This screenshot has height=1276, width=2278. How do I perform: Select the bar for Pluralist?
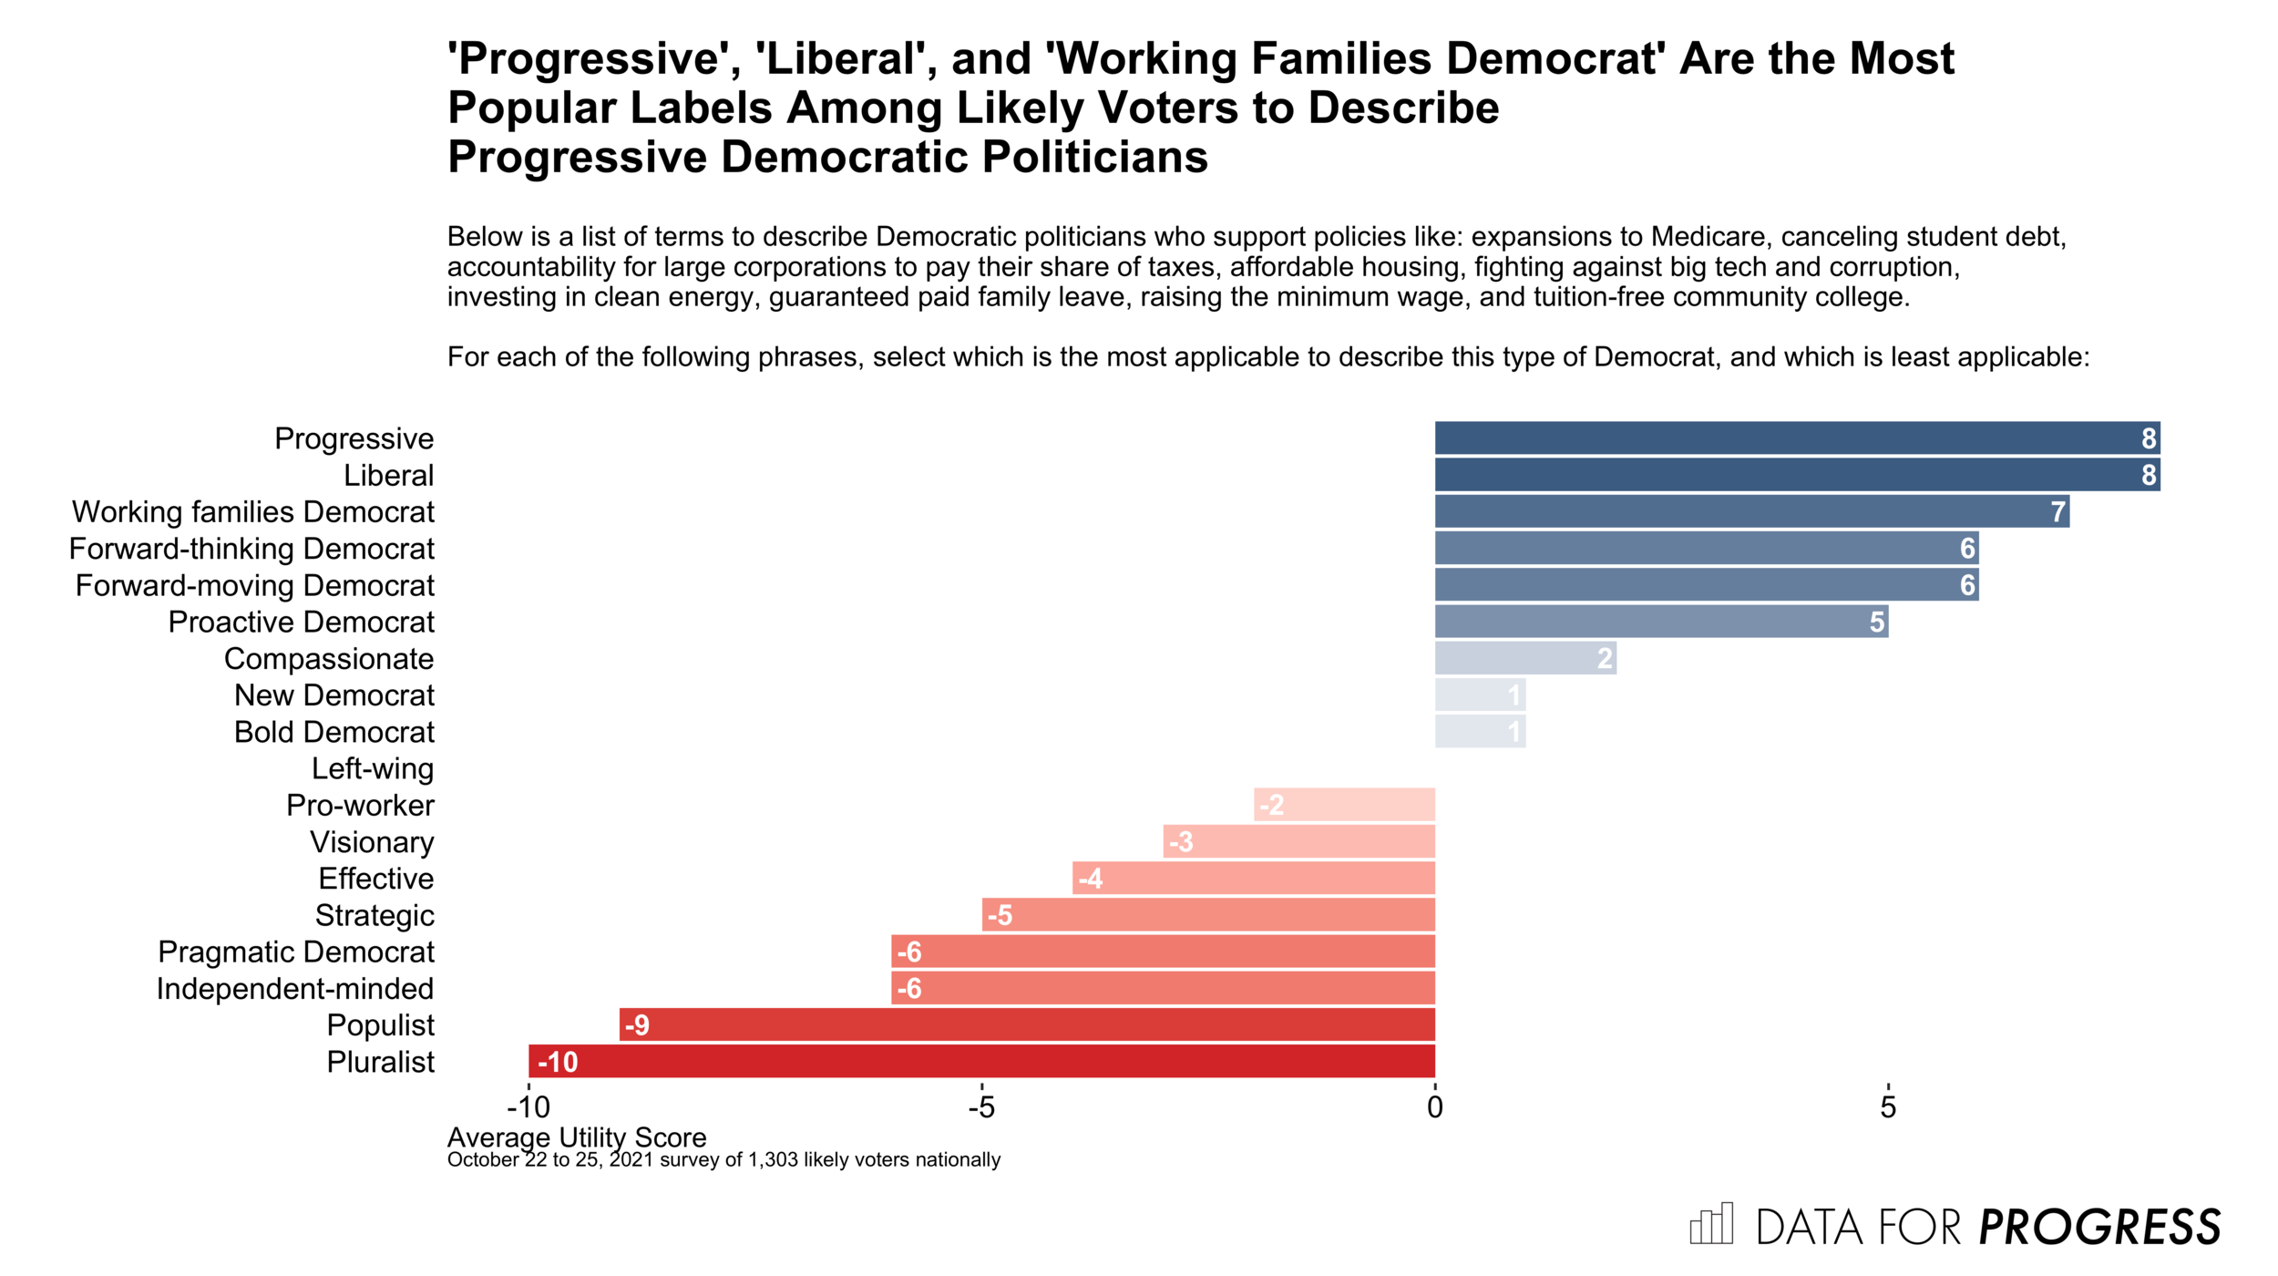click(981, 1061)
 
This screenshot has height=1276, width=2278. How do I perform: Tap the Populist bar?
click(1027, 1024)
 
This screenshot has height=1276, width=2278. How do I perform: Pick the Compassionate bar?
click(1525, 658)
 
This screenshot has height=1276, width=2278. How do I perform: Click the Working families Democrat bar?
click(1751, 511)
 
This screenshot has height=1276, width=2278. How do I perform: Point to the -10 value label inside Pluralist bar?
click(558, 1062)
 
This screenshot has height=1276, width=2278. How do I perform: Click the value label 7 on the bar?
click(2057, 512)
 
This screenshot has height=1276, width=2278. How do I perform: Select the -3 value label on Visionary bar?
click(1181, 842)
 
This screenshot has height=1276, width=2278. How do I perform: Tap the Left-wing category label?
click(373, 768)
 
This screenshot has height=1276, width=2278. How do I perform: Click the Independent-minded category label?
click(295, 988)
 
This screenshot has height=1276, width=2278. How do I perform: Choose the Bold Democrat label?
click(334, 732)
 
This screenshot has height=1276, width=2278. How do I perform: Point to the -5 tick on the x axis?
click(981, 1107)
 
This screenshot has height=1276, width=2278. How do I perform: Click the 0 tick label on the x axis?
click(1435, 1107)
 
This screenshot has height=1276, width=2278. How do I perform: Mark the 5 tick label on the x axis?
click(1888, 1107)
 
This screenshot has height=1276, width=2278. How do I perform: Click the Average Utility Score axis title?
click(577, 1137)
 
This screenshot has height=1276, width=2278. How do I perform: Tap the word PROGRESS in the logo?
click(2100, 1227)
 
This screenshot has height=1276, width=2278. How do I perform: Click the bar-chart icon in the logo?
click(1711, 1223)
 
